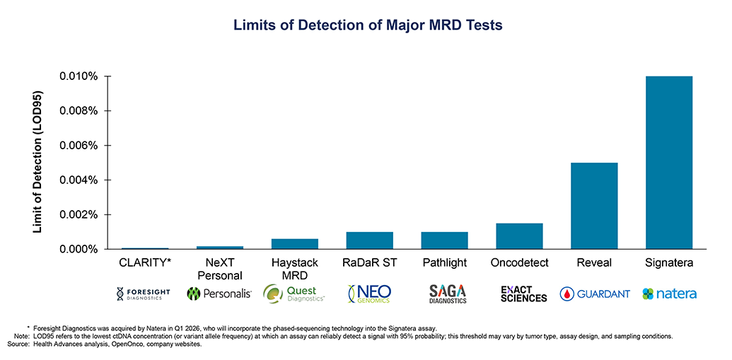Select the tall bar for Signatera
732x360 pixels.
point(668,163)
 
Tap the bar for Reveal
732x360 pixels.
point(594,206)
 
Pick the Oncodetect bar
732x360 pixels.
point(519,236)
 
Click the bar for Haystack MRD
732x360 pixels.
point(295,244)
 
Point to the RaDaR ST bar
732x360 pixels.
point(369,240)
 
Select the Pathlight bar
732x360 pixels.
point(444,240)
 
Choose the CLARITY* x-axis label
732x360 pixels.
point(145,263)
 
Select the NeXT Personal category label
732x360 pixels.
point(220,269)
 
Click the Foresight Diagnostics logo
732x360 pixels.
point(144,294)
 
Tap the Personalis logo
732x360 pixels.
point(219,294)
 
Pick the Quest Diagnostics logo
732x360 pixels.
point(294,294)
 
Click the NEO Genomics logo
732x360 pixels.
point(369,294)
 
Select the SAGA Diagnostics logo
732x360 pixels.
point(448,294)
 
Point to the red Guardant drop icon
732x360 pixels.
point(567,294)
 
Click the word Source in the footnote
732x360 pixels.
point(20,344)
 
